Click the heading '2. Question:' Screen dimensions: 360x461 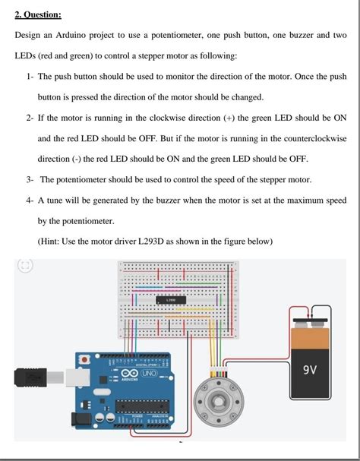point(38,14)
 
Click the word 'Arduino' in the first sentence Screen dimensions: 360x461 point(71,35)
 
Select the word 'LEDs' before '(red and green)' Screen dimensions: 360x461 point(25,55)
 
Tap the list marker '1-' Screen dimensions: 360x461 point(30,77)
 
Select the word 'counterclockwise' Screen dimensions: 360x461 point(315,138)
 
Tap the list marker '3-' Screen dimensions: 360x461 point(30,180)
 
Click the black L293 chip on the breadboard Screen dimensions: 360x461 point(171,300)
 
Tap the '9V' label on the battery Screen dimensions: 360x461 point(310,370)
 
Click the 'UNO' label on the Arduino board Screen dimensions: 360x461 point(150,374)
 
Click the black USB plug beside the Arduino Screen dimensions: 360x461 point(30,377)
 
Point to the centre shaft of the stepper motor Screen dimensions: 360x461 point(219,401)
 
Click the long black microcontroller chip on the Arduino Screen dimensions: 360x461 point(142,406)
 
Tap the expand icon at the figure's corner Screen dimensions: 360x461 point(25,266)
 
